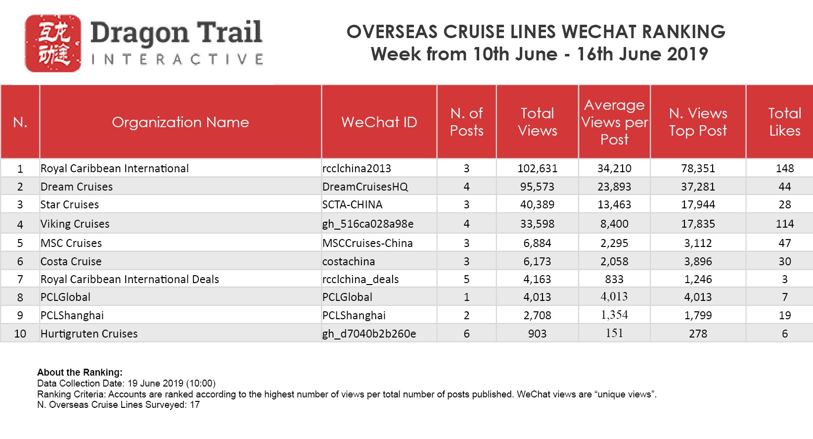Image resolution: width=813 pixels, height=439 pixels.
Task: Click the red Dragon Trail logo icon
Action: pos(53,43)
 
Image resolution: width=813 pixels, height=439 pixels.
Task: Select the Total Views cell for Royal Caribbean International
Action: pos(537,168)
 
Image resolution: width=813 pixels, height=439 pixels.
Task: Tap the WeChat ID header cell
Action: pos(379,122)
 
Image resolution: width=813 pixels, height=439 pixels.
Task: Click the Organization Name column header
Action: pos(180,122)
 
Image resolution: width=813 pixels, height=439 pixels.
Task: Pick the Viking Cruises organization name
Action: pos(75,224)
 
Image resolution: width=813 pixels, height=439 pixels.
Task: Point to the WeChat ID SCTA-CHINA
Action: pos(352,204)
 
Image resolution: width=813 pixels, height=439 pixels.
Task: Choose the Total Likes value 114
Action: pos(784,224)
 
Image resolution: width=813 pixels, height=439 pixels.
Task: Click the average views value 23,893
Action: pos(614,187)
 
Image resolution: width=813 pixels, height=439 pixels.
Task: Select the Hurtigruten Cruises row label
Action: pos(89,334)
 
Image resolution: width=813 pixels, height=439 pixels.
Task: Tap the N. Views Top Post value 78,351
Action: pos(698,168)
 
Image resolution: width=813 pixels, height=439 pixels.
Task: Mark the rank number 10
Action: pos(20,334)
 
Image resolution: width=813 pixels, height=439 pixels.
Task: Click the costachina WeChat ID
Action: pos(349,261)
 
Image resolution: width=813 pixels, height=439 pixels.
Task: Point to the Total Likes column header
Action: pos(784,122)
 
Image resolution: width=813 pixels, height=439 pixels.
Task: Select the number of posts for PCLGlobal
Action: pos(466,297)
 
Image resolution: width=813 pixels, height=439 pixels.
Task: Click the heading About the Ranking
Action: pos(80,372)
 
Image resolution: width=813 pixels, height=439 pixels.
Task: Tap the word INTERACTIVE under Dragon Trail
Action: pos(177,60)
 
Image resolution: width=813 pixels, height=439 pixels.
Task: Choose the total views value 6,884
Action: pos(537,243)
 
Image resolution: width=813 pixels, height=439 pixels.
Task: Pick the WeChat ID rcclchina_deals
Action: pos(360,279)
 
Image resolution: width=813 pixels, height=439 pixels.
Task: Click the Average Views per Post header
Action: pos(614,122)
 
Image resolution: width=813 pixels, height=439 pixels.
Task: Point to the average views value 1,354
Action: pos(614,315)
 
